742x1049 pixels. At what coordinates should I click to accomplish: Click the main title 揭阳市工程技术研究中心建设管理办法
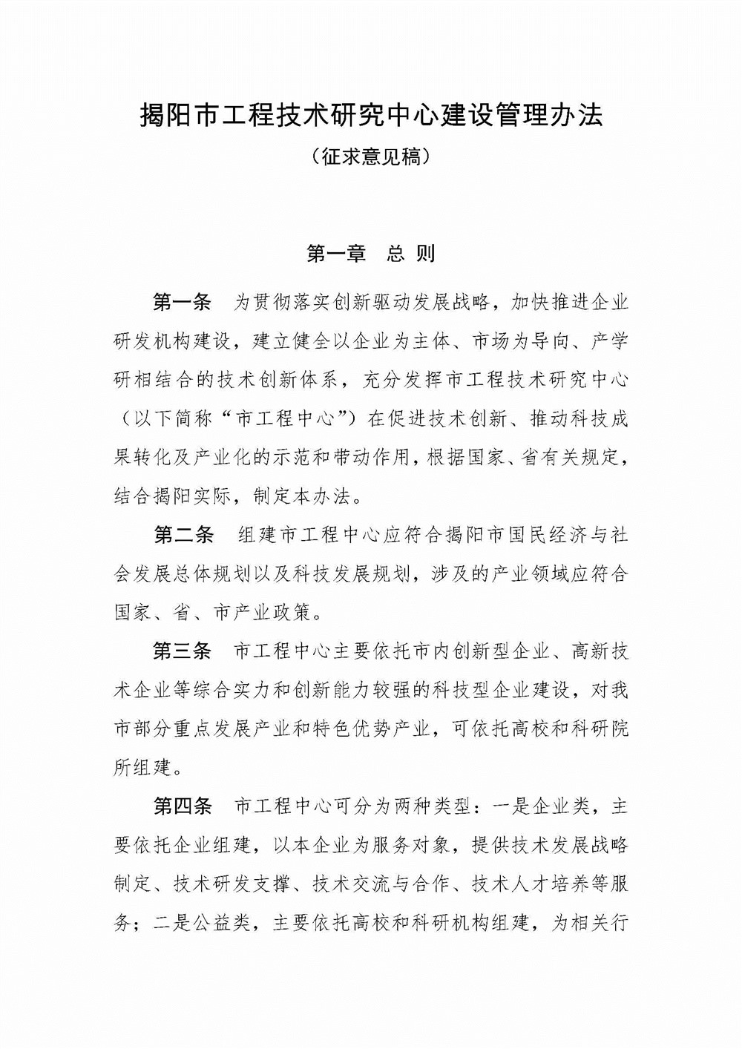[371, 116]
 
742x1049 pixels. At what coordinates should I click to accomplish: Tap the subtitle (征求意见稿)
[371, 158]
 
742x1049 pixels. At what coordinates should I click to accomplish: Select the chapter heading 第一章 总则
[371, 254]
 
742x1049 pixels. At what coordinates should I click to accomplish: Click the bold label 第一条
[182, 302]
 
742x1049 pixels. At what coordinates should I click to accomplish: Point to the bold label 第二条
[183, 536]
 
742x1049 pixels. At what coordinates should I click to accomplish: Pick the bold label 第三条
[182, 652]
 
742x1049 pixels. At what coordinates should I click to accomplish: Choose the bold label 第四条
[182, 807]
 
